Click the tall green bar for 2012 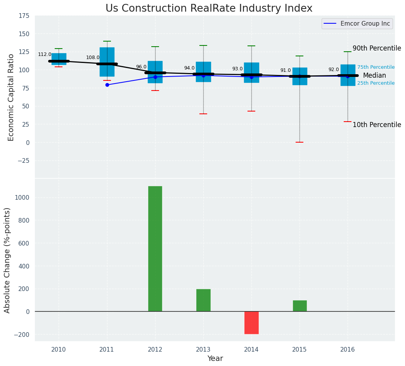click(x=155, y=249)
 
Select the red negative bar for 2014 click(x=251, y=322)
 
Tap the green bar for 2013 click(x=203, y=300)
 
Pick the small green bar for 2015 click(x=299, y=306)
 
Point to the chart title click(x=209, y=9)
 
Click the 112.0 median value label click(x=45, y=54)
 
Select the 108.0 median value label click(x=93, y=58)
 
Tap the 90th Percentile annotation click(x=377, y=49)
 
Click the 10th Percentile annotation click(x=377, y=125)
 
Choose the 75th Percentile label click(x=376, y=67)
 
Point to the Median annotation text click(x=374, y=75)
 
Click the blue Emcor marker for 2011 click(x=107, y=85)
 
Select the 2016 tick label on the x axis click(x=348, y=349)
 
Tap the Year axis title click(x=215, y=359)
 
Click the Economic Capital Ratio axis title click(x=11, y=97)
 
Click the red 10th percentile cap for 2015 click(x=299, y=142)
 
